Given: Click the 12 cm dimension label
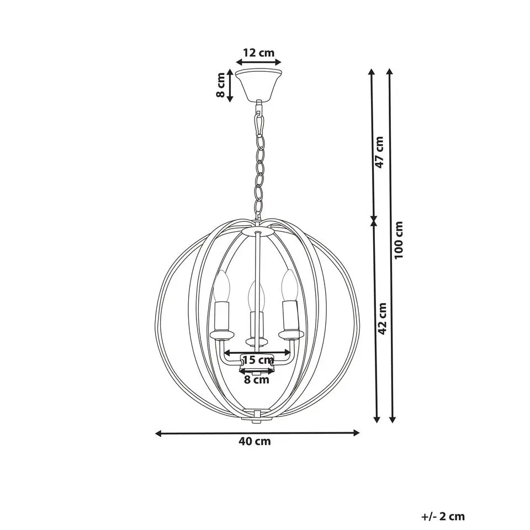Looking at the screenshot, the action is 258,53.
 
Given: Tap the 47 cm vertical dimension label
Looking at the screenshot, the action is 380,152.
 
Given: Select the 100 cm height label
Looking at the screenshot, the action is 399,240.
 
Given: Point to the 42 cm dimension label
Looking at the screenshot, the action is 382,319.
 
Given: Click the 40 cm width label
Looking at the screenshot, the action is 255,441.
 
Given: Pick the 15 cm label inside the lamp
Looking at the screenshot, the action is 258,359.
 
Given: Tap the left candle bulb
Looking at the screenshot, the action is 222,287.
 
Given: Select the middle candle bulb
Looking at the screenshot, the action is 256,296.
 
